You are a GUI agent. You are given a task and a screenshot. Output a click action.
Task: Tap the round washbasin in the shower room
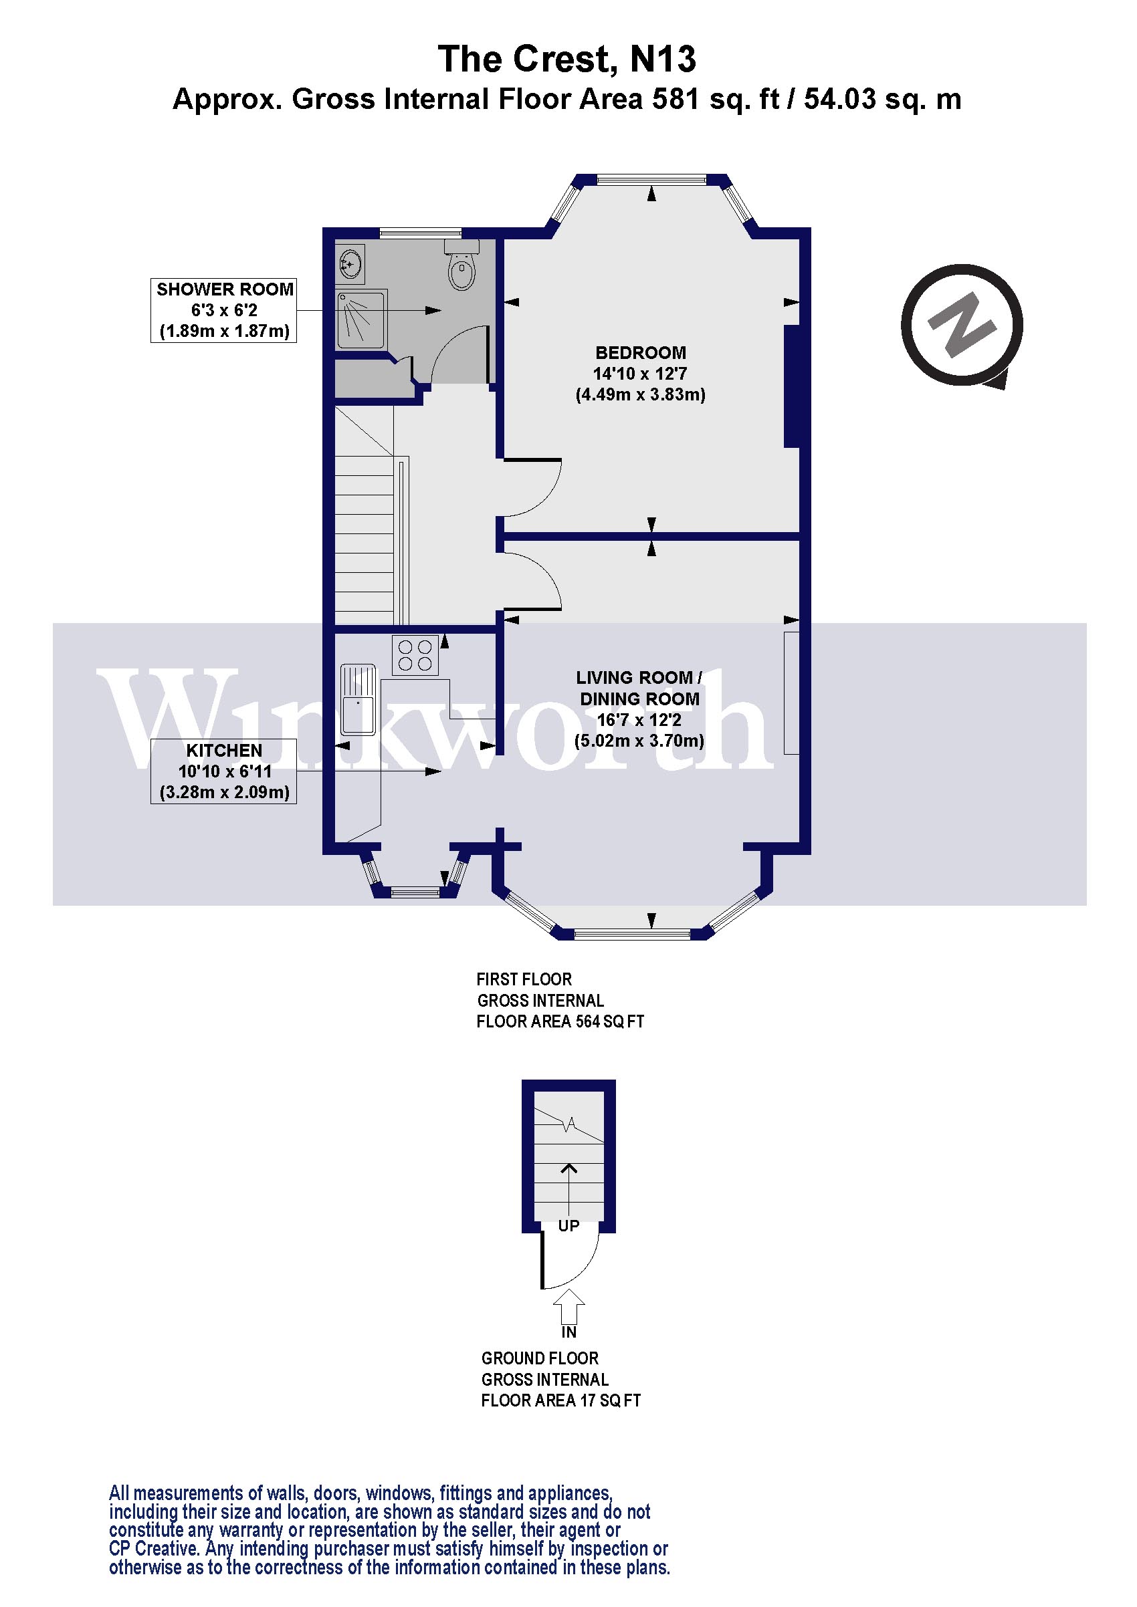(350, 263)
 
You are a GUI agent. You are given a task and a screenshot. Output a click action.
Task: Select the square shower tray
(361, 320)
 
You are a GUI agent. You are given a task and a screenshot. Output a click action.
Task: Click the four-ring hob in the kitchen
(415, 655)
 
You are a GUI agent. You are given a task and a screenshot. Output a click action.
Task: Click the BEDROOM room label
(641, 353)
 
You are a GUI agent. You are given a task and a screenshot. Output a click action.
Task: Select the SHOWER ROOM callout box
(224, 310)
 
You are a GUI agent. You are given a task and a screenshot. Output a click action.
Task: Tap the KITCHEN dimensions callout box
(224, 771)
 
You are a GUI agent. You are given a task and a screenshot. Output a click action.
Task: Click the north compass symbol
(962, 326)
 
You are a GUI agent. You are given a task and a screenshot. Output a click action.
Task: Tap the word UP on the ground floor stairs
(568, 1225)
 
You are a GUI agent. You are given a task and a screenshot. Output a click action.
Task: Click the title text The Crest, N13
(567, 59)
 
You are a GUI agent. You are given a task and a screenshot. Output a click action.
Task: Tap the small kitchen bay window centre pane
(415, 892)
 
